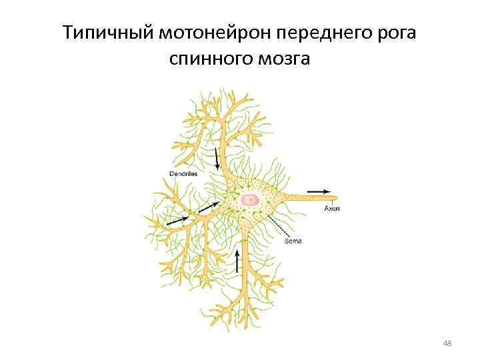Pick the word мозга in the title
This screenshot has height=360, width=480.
(285, 61)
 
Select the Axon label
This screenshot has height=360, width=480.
(332, 209)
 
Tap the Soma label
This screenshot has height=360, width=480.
(293, 241)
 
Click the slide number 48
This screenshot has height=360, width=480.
(447, 344)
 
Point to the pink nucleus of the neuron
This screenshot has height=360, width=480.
(251, 199)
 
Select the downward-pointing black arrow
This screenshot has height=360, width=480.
(217, 159)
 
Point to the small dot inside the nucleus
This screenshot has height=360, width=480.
(250, 199)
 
